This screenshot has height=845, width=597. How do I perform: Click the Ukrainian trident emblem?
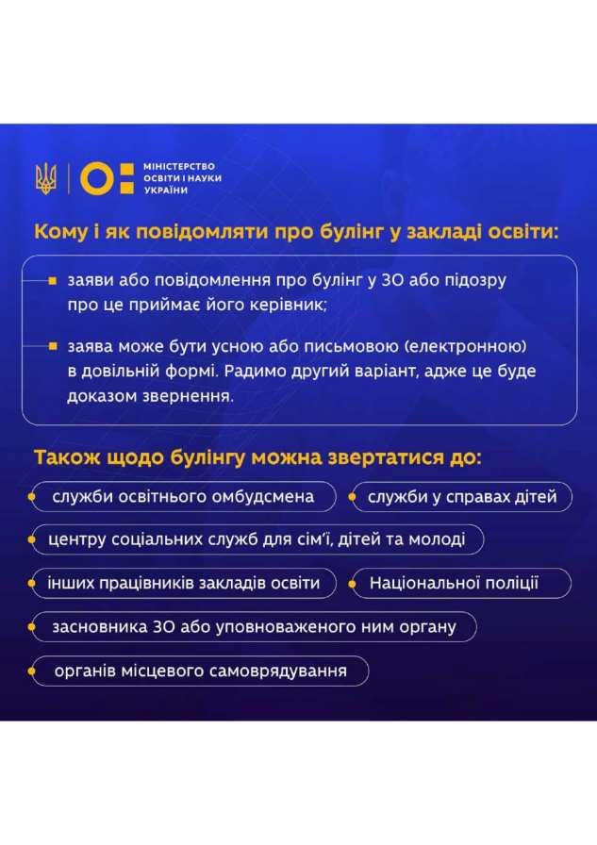click(46, 178)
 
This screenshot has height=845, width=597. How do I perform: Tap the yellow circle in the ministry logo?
click(97, 178)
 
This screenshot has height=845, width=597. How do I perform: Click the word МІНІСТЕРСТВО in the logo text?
click(179, 167)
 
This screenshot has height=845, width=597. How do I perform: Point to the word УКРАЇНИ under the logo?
click(165, 191)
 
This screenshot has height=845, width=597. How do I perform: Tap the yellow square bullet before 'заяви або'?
click(52, 281)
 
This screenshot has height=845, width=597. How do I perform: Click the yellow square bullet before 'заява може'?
click(52, 346)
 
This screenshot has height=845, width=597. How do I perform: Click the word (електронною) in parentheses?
click(466, 346)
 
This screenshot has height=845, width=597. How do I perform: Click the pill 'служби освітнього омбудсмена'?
click(184, 496)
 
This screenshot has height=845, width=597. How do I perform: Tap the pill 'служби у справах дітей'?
click(462, 496)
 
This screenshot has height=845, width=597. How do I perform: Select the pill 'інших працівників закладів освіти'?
click(184, 583)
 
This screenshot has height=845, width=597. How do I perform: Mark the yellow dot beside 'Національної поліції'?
click(352, 584)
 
